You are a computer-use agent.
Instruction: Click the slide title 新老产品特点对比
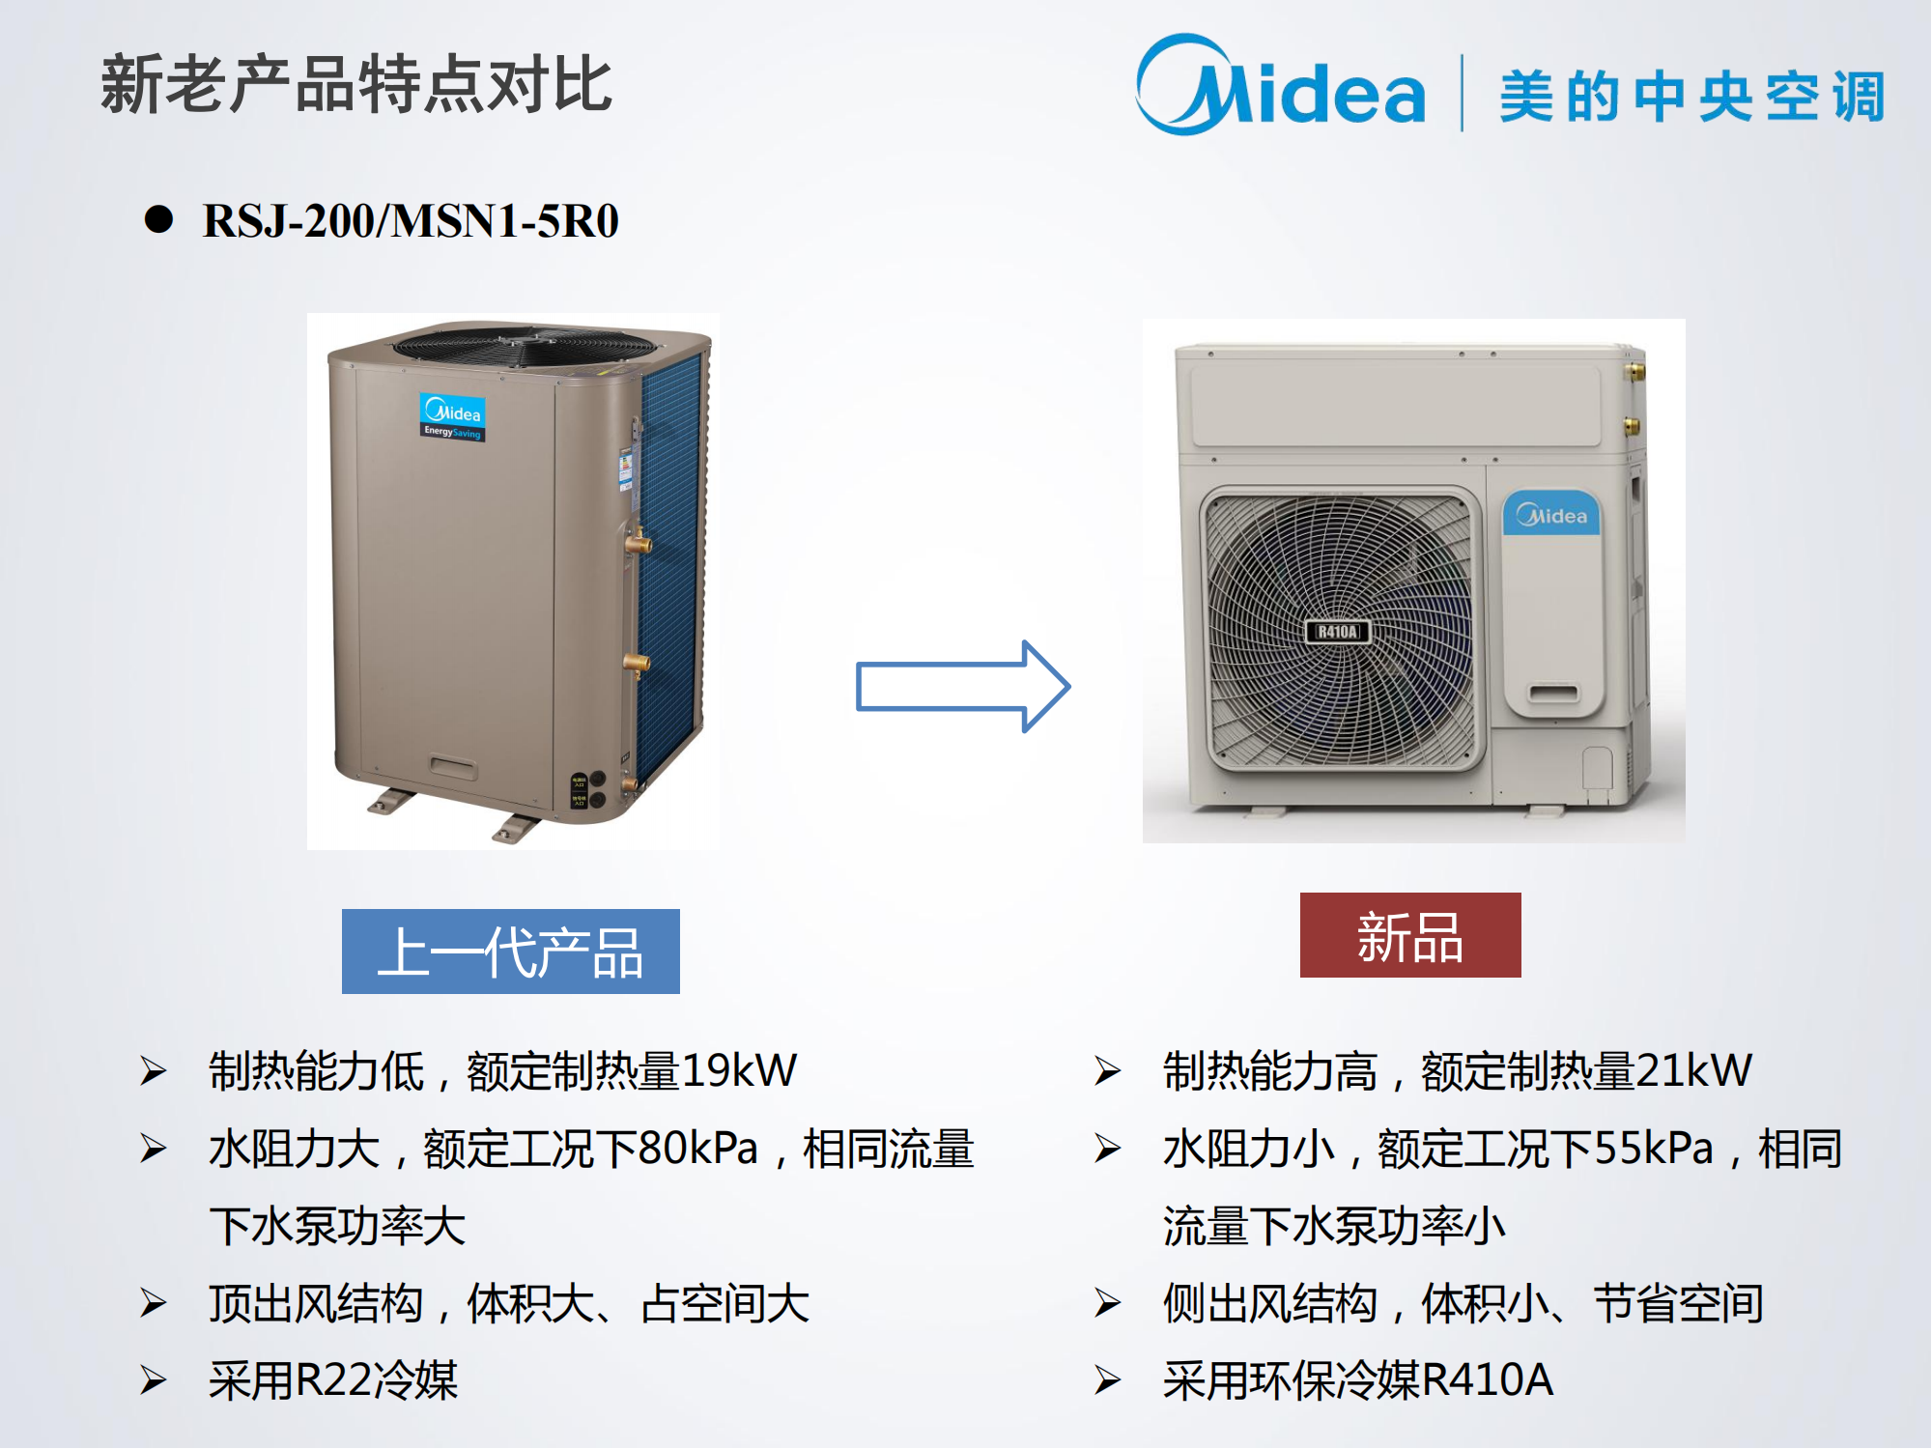coord(356,84)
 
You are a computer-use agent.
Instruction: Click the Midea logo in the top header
coord(1281,85)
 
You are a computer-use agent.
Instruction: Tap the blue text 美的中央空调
coord(1691,96)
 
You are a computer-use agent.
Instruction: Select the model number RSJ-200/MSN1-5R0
coord(411,220)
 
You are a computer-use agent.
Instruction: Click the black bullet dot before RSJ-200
coord(158,219)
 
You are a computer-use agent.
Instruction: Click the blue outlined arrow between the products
coord(963,686)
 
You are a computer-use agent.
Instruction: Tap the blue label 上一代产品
coord(511,952)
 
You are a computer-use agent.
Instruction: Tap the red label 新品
coord(1410,935)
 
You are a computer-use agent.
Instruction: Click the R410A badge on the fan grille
coord(1338,632)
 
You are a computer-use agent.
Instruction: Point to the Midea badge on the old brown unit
coord(453,417)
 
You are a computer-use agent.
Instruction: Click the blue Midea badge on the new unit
coord(1551,515)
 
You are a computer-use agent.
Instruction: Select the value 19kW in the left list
coord(739,1070)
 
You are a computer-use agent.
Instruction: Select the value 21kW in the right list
coord(1693,1070)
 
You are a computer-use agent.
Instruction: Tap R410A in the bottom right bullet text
coord(1488,1379)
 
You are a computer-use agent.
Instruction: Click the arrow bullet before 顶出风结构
coord(154,1303)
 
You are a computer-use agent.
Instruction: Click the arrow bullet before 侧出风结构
coord(1108,1303)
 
